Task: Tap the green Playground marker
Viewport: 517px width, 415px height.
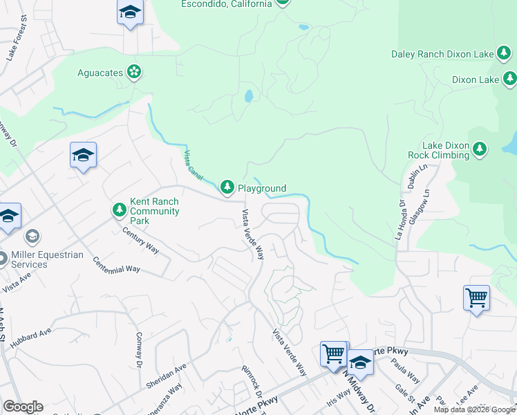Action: [x=227, y=187]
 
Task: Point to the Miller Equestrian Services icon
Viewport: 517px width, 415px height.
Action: [x=32, y=237]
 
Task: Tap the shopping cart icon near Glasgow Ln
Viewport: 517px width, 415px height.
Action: [x=476, y=298]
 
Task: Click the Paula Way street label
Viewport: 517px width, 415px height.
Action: [x=408, y=375]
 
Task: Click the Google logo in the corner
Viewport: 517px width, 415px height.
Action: [x=23, y=407]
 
